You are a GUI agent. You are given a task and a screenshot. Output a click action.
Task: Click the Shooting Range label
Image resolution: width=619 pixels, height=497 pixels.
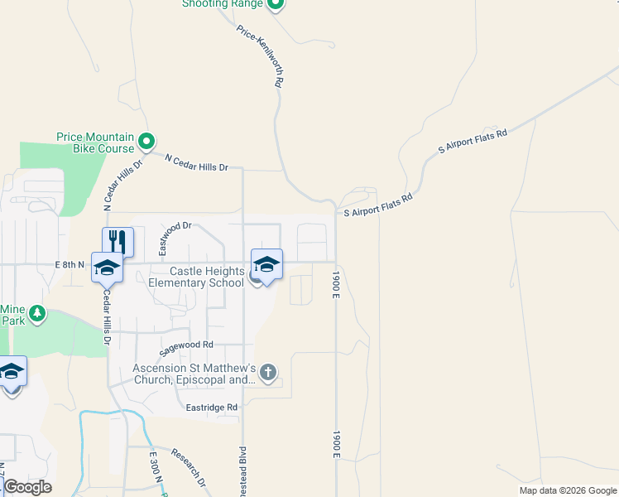click(223, 4)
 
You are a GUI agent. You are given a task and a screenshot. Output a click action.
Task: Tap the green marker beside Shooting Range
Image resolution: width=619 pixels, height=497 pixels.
click(276, 4)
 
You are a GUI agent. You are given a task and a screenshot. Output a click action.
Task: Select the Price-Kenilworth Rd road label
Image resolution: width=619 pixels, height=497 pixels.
click(261, 56)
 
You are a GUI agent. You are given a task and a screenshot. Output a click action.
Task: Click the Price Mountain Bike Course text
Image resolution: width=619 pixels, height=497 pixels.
click(95, 142)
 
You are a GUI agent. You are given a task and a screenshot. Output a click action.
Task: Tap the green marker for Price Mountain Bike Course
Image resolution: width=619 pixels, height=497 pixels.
click(146, 142)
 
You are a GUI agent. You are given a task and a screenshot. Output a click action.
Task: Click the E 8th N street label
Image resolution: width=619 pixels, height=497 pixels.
click(70, 264)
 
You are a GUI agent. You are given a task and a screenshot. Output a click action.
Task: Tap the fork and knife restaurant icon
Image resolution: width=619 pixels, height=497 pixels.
click(118, 241)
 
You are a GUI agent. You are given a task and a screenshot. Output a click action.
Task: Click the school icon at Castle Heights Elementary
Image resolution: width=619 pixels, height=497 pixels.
click(266, 264)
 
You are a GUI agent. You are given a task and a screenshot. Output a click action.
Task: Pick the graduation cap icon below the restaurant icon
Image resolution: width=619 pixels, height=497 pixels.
click(107, 268)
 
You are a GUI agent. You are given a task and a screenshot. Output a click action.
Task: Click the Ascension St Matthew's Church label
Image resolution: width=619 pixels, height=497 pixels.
click(194, 374)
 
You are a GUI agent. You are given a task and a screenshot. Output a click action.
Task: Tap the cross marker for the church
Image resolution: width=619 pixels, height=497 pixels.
click(267, 373)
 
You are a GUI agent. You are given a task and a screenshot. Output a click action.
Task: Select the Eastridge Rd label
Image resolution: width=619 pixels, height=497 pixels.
click(212, 408)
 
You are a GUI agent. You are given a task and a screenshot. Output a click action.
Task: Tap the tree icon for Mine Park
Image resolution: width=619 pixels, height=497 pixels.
click(36, 314)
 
